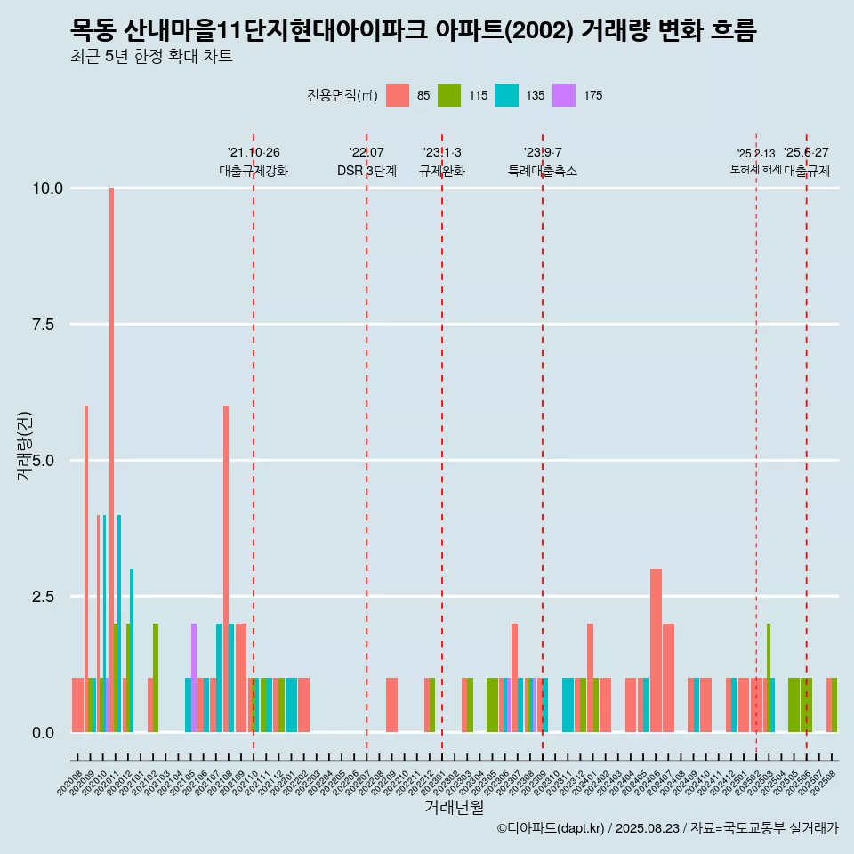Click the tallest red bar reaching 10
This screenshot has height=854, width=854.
(x=111, y=445)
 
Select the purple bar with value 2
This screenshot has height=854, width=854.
(x=194, y=676)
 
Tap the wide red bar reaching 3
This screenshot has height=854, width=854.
(x=656, y=649)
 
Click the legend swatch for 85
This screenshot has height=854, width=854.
(x=398, y=95)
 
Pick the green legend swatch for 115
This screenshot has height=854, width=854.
(x=449, y=95)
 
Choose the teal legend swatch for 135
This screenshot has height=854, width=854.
(x=506, y=95)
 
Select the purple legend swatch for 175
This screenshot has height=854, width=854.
(x=563, y=95)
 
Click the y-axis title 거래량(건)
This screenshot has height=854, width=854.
(x=24, y=446)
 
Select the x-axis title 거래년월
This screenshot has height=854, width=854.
(x=454, y=807)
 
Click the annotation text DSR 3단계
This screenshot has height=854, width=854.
(x=367, y=171)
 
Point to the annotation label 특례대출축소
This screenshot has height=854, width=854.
(x=543, y=171)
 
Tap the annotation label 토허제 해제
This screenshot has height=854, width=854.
(x=755, y=169)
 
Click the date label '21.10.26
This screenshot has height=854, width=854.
(x=254, y=153)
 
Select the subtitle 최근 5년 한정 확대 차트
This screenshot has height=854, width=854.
(x=151, y=57)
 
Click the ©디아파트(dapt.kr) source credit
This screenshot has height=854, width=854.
(x=552, y=828)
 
